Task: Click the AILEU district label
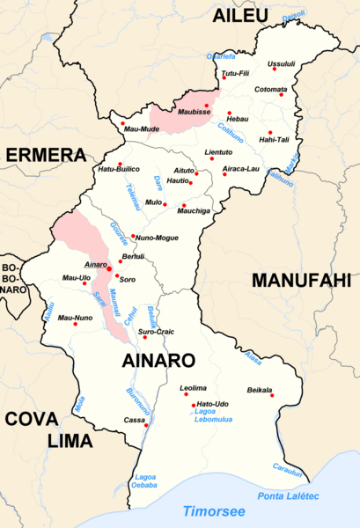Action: (x=246, y=14)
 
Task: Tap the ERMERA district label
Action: (x=45, y=156)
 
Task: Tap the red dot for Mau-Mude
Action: (x=122, y=123)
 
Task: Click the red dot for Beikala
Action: (x=272, y=396)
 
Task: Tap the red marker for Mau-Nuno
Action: (x=76, y=325)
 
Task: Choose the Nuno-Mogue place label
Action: (x=157, y=238)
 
